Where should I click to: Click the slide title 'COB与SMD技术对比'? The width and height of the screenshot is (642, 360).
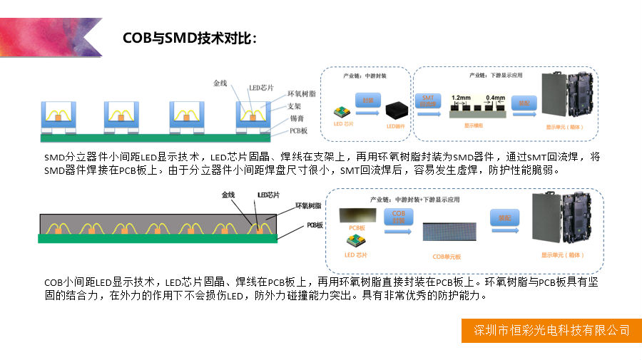click(188, 38)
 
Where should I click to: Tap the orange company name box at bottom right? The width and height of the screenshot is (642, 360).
click(552, 330)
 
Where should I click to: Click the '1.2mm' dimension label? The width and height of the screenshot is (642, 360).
click(461, 96)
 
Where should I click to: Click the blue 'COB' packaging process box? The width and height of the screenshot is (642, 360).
click(399, 215)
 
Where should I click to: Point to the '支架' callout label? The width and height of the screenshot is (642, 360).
click(297, 106)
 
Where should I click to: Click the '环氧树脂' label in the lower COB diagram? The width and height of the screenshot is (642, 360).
click(308, 205)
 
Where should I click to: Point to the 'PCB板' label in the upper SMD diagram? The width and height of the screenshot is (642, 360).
click(299, 131)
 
